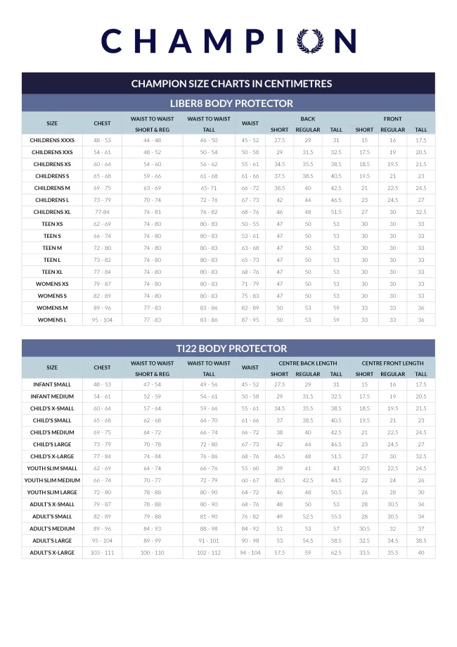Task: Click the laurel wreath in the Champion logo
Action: [x=311, y=41]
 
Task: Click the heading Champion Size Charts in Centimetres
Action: [x=231, y=84]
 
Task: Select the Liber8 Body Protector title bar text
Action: [x=231, y=103]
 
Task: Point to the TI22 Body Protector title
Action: [x=231, y=348]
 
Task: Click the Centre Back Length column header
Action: [x=307, y=363]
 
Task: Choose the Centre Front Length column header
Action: [x=392, y=363]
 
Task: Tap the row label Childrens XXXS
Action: [x=52, y=140]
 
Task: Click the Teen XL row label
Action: [x=52, y=272]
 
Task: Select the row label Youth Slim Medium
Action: [x=52, y=481]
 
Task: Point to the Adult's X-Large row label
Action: [x=52, y=553]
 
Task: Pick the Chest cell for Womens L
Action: [x=102, y=320]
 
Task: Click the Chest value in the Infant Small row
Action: [x=102, y=385]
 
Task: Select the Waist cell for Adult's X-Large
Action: [x=250, y=553]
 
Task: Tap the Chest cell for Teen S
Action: [x=102, y=236]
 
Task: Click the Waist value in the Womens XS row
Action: [x=250, y=284]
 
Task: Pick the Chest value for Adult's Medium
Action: [x=102, y=529]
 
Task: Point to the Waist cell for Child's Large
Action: [x=250, y=445]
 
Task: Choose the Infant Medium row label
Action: [x=52, y=397]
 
